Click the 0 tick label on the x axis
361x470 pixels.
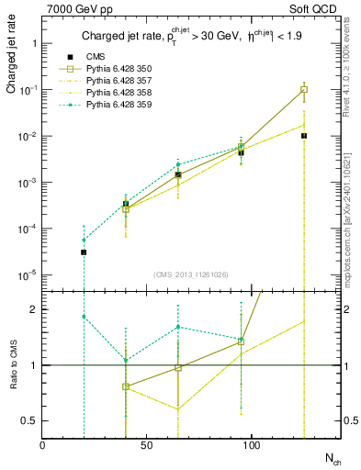(43, 445)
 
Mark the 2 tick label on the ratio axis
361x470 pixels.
(34, 309)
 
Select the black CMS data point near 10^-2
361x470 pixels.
(304, 136)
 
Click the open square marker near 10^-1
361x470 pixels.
(304, 90)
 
